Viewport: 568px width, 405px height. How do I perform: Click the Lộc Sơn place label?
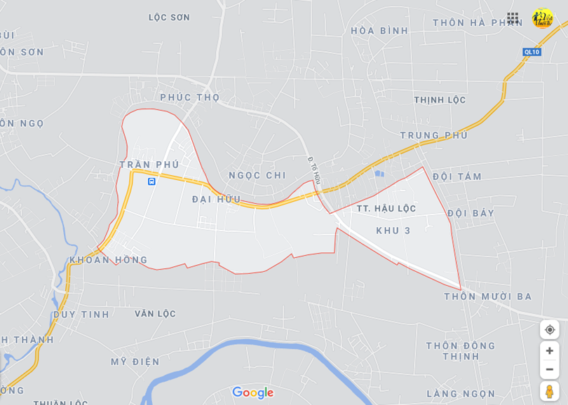tap(169, 18)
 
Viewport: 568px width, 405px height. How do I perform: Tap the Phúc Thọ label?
tap(189, 97)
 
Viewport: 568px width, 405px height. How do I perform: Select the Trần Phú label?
tap(149, 165)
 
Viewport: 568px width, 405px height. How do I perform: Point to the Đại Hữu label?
tap(216, 200)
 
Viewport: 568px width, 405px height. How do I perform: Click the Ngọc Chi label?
tap(257, 175)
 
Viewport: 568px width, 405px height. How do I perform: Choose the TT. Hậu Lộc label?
tap(386, 209)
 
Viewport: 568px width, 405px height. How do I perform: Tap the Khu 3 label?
tap(393, 231)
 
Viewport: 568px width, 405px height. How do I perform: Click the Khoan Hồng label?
tap(109, 260)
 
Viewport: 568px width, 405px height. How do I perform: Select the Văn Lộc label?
tap(155, 314)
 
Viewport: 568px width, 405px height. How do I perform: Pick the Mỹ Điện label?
tap(135, 362)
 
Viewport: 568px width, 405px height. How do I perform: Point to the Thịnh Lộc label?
tap(440, 100)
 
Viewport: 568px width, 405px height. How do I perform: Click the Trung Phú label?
tap(433, 135)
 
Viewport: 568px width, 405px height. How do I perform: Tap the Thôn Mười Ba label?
tap(487, 297)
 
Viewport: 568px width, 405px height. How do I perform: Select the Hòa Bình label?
tap(379, 31)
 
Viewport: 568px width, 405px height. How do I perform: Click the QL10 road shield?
tap(532, 52)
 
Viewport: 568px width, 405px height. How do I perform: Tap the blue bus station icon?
tap(151, 181)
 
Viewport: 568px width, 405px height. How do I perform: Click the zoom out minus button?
tap(549, 369)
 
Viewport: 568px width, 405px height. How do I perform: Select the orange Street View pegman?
tap(549, 391)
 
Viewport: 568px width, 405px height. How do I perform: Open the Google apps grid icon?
tap(513, 18)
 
